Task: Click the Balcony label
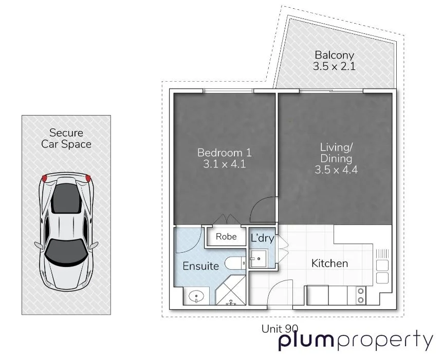coord(335,55)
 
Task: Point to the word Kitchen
coord(329,263)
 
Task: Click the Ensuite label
coord(201,266)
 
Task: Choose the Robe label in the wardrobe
coord(226,237)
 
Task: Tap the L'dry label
coord(262,238)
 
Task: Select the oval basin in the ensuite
coord(197,296)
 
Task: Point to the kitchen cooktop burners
coord(361,295)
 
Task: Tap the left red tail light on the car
coord(44,178)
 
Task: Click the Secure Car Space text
coord(66,139)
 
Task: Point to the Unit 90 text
coord(280,329)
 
